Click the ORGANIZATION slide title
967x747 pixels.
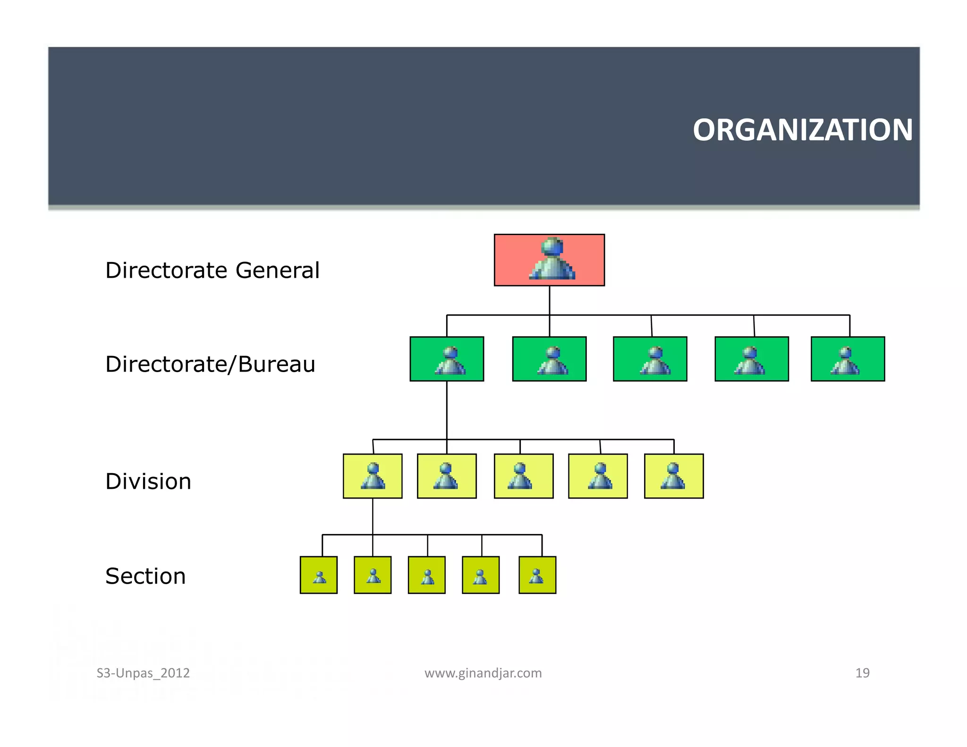(x=802, y=130)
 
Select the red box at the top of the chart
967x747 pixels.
(x=549, y=260)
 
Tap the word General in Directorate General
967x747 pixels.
(x=278, y=271)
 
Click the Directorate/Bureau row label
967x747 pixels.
(x=210, y=364)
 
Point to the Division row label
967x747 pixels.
(x=148, y=482)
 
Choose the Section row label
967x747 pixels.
(x=145, y=576)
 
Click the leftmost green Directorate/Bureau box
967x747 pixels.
(x=447, y=359)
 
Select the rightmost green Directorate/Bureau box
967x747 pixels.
(x=848, y=359)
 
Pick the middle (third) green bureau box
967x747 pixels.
(x=650, y=359)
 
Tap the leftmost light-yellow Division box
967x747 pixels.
(x=373, y=476)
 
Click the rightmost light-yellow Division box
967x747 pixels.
(x=674, y=476)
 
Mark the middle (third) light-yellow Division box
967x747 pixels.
(x=524, y=476)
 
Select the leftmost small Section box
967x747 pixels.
(x=319, y=575)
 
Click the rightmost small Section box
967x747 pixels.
(x=537, y=575)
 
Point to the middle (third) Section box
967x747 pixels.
(x=427, y=575)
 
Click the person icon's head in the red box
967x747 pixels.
(x=552, y=246)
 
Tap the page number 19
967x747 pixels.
(x=862, y=673)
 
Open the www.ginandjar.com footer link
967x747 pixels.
(x=483, y=673)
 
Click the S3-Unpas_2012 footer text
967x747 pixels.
(x=143, y=673)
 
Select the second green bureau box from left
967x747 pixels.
(x=549, y=359)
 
